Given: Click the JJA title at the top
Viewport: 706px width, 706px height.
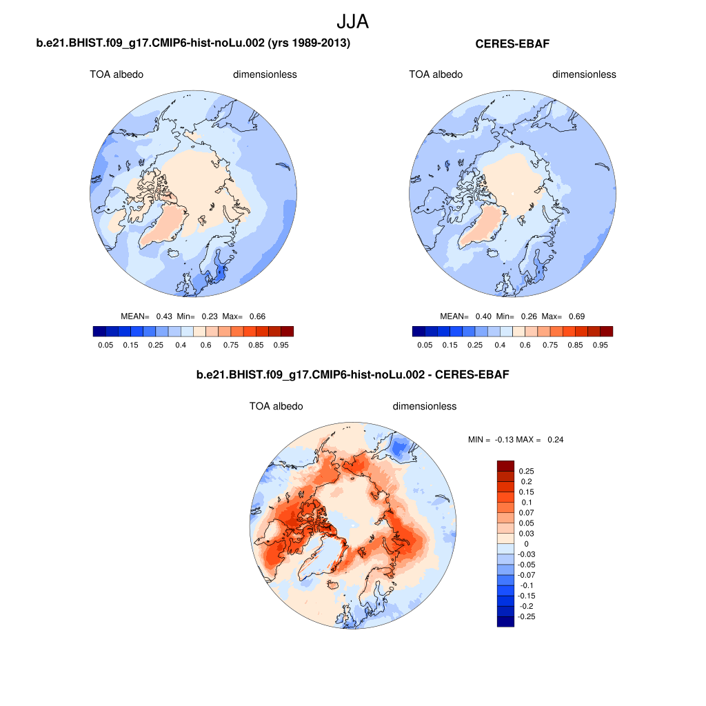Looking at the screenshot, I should pos(352,21).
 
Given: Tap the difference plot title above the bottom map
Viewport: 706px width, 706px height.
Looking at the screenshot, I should pos(353,374).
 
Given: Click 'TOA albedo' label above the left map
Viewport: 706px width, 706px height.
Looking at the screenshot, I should pos(117,74).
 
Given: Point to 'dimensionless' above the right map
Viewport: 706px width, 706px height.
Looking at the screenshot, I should pos(584,74).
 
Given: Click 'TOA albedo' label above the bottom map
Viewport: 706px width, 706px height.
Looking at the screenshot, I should pos(276,406).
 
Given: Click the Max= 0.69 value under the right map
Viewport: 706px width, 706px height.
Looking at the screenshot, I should pos(563,316).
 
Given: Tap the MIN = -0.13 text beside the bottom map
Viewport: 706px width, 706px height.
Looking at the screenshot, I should pos(491,440).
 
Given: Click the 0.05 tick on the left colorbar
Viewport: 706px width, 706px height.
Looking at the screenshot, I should pos(105,345).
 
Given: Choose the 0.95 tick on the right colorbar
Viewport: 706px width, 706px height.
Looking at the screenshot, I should pos(600,345).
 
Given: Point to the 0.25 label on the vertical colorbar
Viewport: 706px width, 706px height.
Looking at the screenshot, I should pos(526,472).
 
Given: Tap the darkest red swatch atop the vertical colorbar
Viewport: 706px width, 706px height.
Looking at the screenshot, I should pos(505,466).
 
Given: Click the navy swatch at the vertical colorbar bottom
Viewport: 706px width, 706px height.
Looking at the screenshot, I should pos(505,621).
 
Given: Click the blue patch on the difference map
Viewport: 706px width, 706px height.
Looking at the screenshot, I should pos(398,450).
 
